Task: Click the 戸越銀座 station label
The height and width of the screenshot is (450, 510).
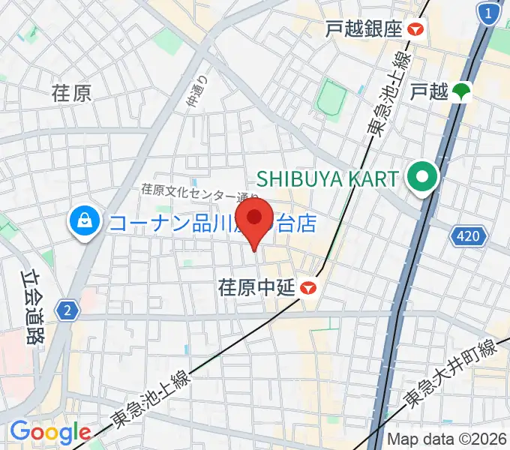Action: click(x=364, y=29)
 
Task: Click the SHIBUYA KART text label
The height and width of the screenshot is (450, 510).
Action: click(x=328, y=178)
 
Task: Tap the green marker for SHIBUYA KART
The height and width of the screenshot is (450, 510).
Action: click(x=421, y=178)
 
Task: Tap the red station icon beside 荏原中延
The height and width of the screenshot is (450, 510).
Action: click(x=307, y=287)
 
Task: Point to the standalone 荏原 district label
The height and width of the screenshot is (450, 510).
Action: click(x=72, y=93)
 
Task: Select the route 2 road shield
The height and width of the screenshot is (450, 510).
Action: click(x=67, y=309)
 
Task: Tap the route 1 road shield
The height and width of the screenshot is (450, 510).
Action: click(x=489, y=14)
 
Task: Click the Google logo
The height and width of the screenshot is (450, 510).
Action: click(x=50, y=431)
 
